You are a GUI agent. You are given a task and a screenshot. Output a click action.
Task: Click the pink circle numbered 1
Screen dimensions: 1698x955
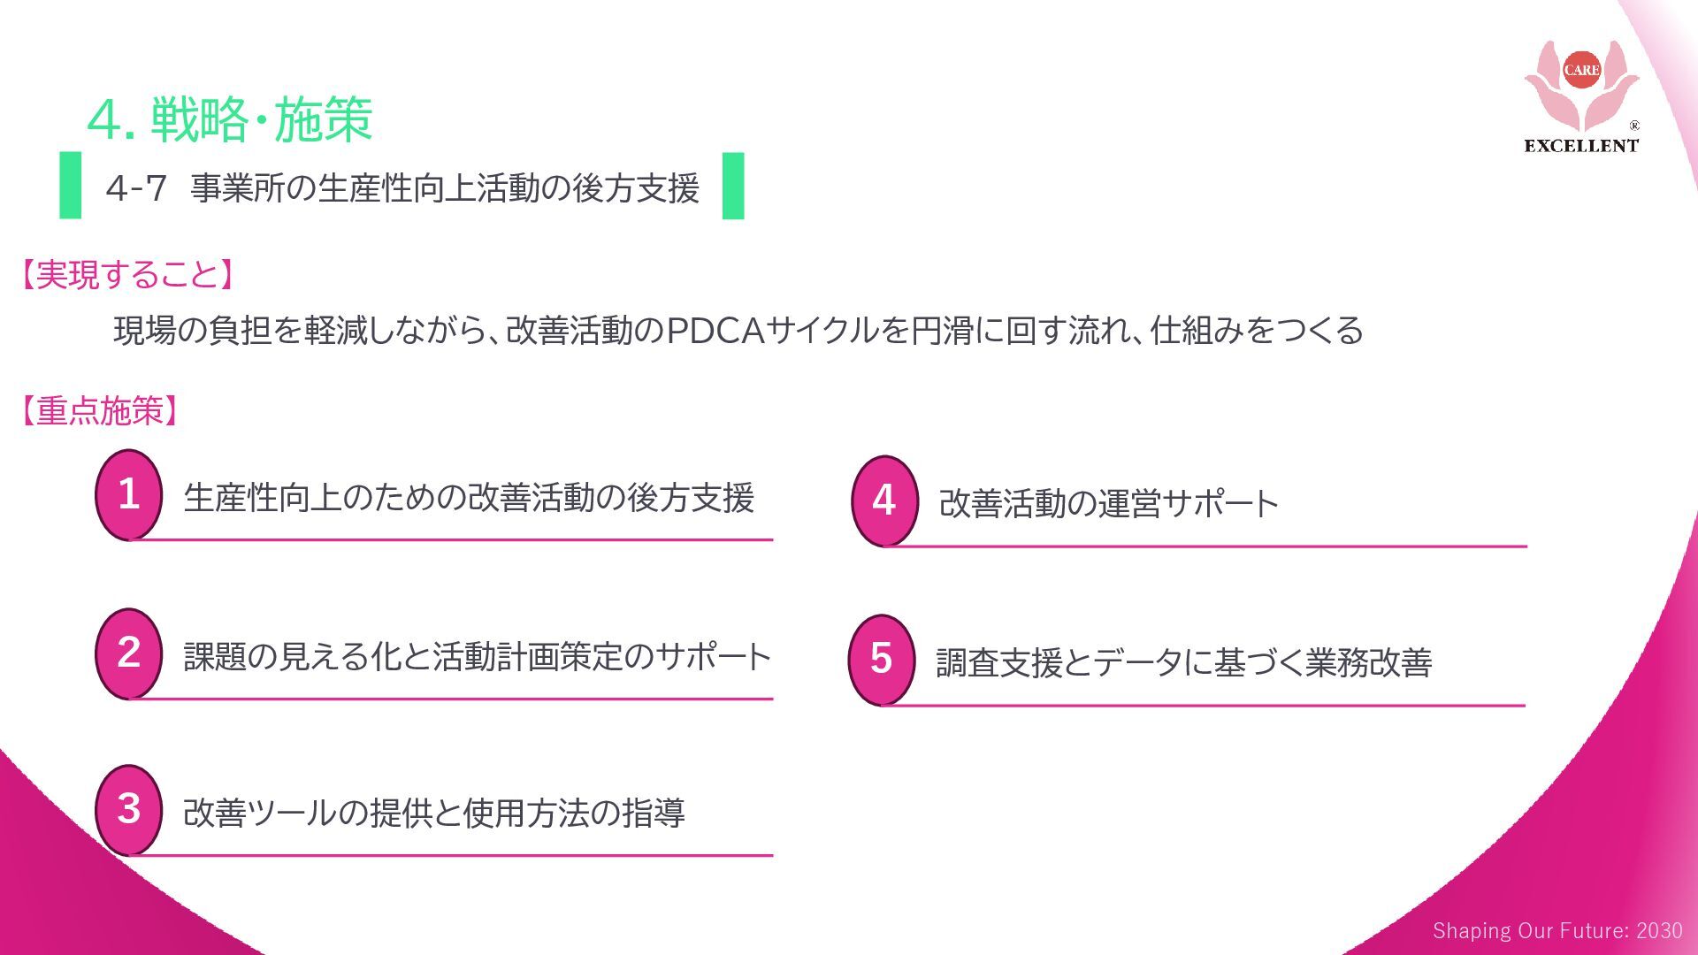(128, 494)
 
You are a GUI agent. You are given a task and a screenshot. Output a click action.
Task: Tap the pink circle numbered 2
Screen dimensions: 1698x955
(128, 653)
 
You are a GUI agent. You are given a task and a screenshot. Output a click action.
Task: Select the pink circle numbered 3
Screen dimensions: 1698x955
(128, 809)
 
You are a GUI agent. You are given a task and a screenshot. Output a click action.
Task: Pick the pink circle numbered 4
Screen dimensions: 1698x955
(883, 500)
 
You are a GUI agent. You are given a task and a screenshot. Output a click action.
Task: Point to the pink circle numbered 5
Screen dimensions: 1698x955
(881, 660)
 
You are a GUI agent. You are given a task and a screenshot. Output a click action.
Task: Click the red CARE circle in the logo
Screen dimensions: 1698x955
(1581, 70)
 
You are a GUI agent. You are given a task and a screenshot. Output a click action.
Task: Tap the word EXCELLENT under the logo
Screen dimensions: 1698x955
(1581, 146)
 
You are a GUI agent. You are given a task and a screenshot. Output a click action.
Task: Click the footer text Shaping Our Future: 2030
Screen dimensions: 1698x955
(1557, 930)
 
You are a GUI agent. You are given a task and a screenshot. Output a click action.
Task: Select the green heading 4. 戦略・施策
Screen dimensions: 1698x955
(230, 119)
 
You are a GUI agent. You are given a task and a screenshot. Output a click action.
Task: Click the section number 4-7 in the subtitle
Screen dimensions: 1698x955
(136, 187)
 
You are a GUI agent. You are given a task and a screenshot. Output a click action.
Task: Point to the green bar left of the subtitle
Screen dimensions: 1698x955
(71, 186)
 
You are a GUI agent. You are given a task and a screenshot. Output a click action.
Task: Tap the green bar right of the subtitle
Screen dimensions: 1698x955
(733, 186)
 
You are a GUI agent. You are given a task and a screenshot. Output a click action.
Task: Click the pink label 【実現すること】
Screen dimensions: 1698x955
(128, 275)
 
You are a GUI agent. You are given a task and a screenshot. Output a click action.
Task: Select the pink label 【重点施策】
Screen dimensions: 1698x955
(100, 411)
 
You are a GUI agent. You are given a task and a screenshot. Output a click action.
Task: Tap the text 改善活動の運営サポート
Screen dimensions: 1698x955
(1109, 503)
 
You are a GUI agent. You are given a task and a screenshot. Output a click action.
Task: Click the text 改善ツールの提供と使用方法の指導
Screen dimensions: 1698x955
(433, 813)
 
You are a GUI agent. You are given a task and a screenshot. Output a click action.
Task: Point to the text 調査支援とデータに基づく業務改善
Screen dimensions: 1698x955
(1183, 662)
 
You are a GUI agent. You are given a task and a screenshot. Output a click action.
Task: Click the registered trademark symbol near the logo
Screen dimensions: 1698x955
(1634, 126)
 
